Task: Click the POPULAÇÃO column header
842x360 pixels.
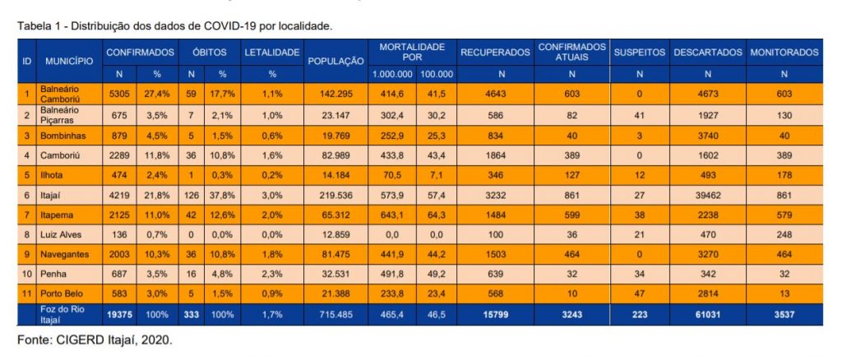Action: point(335,61)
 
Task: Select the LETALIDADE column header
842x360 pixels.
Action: point(272,52)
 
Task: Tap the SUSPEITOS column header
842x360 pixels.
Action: point(639,52)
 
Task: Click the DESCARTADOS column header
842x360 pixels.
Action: point(707,52)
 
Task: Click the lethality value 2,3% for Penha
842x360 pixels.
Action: point(272,272)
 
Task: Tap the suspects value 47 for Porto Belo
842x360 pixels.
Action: point(639,292)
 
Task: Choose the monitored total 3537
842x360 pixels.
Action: point(784,312)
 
